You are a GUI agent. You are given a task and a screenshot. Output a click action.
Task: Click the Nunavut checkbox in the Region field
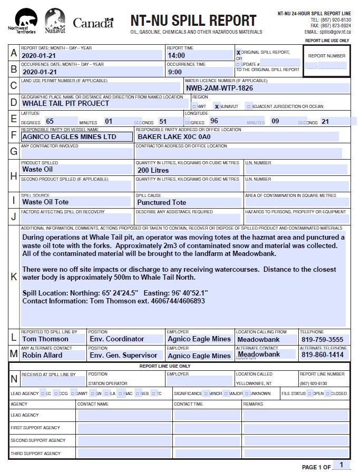pyautogui.click(x=217, y=106)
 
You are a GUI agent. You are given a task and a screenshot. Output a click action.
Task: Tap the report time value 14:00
pyautogui.click(x=177, y=55)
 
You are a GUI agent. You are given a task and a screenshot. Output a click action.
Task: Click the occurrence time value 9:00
pyautogui.click(x=174, y=72)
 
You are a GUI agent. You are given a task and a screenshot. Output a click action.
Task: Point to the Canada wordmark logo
pyautogui.click(x=93, y=23)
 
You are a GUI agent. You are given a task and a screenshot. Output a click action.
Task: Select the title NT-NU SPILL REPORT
pyautogui.click(x=193, y=21)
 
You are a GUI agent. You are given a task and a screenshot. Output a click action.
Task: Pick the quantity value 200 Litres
pyautogui.click(x=153, y=170)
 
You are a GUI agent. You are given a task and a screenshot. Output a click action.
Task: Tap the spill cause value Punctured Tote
pyautogui.click(x=161, y=202)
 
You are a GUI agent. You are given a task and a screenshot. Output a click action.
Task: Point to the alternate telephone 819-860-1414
pyautogui.click(x=323, y=355)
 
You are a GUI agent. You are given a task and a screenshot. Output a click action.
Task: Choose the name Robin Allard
pyautogui.click(x=42, y=355)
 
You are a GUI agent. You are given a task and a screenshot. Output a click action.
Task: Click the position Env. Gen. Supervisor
pyautogui.click(x=123, y=355)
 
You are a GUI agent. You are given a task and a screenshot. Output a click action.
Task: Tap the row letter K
pyautogui.click(x=14, y=277)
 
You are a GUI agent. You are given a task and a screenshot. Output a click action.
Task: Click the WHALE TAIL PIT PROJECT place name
pyautogui.click(x=66, y=103)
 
